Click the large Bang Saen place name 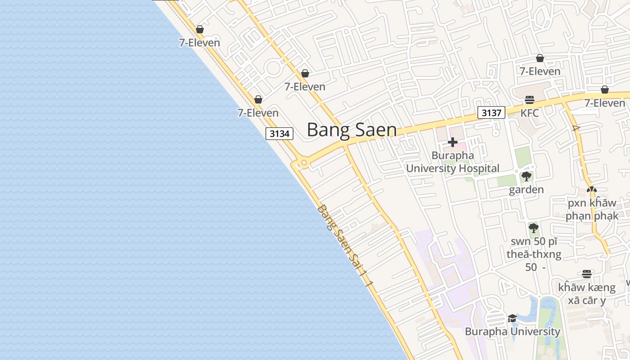(352, 130)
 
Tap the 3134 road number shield (279, 134)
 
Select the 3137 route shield (491, 112)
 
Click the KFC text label (530, 113)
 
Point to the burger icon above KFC (530, 100)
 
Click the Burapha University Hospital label (453, 162)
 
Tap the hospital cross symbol (453, 143)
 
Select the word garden (526, 189)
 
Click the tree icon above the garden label (526, 176)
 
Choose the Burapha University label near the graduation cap (512, 332)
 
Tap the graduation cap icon (512, 319)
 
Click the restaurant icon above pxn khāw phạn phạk (592, 190)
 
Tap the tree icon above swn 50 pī (534, 228)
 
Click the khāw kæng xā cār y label (586, 293)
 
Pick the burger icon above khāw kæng (586, 274)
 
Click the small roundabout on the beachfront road (304, 162)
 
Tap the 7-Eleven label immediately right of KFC (604, 103)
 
